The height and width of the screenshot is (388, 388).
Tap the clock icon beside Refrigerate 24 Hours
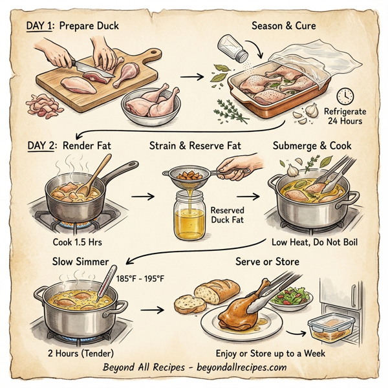coord(345,96)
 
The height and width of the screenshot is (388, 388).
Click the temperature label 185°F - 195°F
coord(141,279)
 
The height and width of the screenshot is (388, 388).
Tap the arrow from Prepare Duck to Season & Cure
coord(190,77)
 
